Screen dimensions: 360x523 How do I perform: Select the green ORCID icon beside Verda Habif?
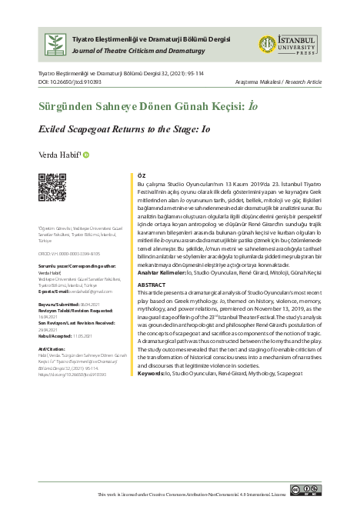coord(88,154)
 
